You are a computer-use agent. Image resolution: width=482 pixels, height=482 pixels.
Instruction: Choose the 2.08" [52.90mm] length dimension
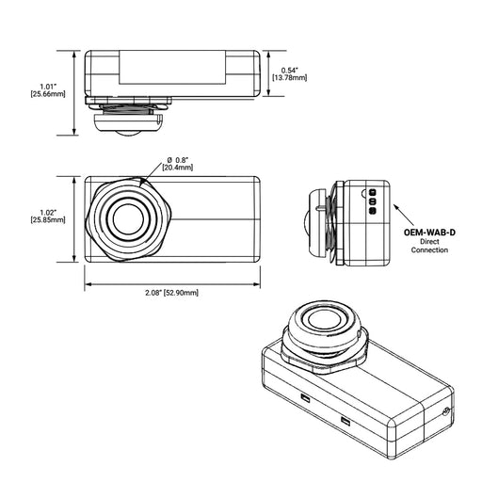[x=172, y=293]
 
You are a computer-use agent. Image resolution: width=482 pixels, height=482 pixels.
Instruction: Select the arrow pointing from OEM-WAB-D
[x=402, y=207]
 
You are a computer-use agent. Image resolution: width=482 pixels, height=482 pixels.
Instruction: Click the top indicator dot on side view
[x=372, y=191]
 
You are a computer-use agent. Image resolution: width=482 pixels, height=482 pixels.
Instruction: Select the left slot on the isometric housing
[x=305, y=398]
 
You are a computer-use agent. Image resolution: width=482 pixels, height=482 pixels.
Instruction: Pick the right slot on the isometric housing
[x=345, y=420]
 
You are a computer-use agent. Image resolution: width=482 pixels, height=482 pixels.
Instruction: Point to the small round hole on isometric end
[x=444, y=412]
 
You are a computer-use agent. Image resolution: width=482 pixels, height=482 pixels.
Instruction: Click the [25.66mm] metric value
[x=46, y=95]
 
